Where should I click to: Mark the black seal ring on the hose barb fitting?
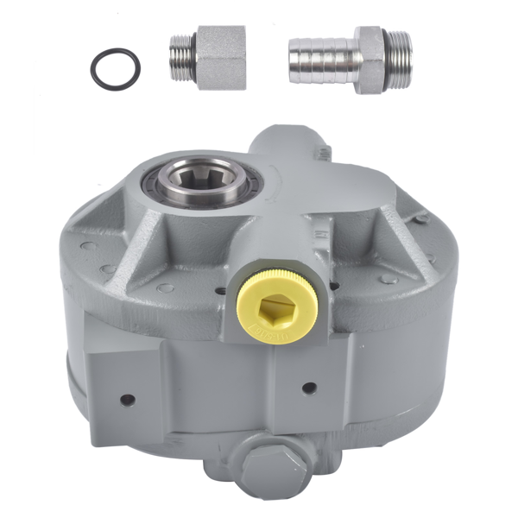point(384,57)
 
